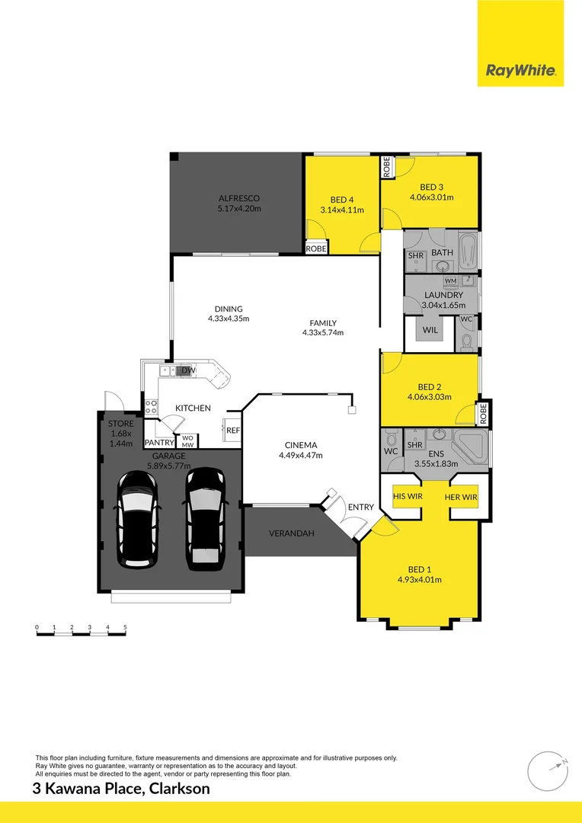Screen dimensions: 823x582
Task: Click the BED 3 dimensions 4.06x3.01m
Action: (x=430, y=197)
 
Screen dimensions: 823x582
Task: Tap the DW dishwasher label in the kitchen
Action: (x=188, y=371)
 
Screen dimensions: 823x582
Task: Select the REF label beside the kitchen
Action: (x=232, y=431)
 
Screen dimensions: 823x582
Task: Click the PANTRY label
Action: (x=159, y=442)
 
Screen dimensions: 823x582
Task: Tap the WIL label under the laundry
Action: (x=430, y=331)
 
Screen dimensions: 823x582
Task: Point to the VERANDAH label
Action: (x=292, y=533)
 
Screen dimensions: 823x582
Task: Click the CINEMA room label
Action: (x=300, y=445)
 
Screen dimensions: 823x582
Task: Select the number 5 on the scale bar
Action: (x=125, y=628)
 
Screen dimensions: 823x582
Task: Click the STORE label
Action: (x=120, y=424)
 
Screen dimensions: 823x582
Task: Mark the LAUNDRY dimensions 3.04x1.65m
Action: (x=443, y=305)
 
